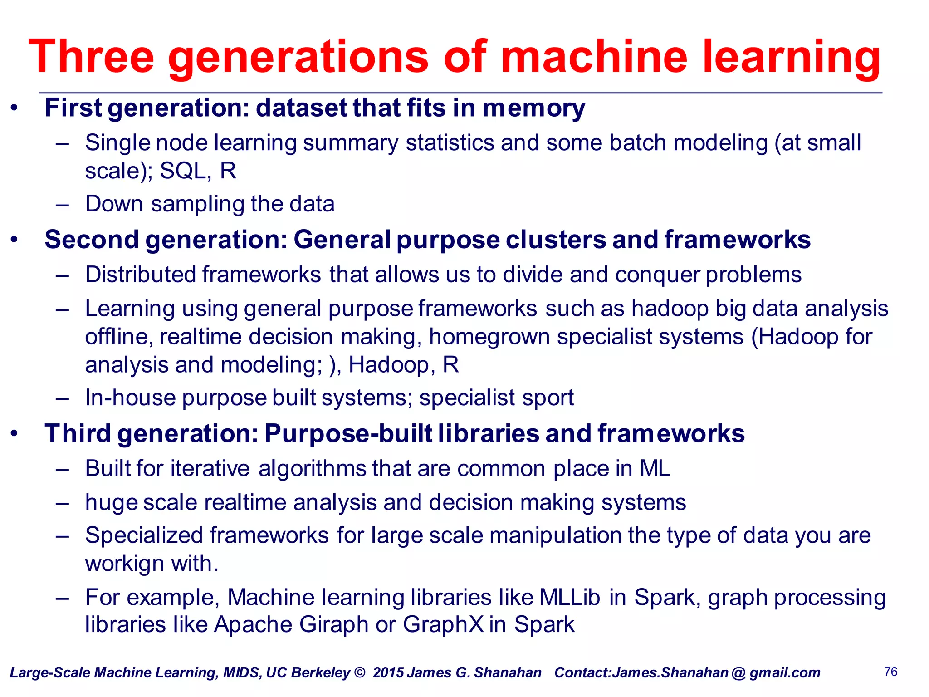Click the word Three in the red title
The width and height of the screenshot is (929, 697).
pyautogui.click(x=91, y=57)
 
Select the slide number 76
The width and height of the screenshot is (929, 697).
pyautogui.click(x=890, y=672)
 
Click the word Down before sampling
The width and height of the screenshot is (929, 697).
pyautogui.click(x=114, y=204)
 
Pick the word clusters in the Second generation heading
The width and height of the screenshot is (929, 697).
pyautogui.click(x=555, y=240)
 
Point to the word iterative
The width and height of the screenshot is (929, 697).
pyautogui.click(x=210, y=468)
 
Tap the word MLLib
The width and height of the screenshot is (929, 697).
pyautogui.click(x=570, y=597)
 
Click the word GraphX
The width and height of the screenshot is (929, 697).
pyautogui.click(x=443, y=625)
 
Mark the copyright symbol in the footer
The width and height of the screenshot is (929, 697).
pyautogui.click(x=359, y=672)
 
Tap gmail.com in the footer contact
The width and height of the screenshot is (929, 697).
pyautogui.click(x=785, y=672)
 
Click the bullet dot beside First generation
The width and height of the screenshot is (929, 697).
pyautogui.click(x=15, y=108)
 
